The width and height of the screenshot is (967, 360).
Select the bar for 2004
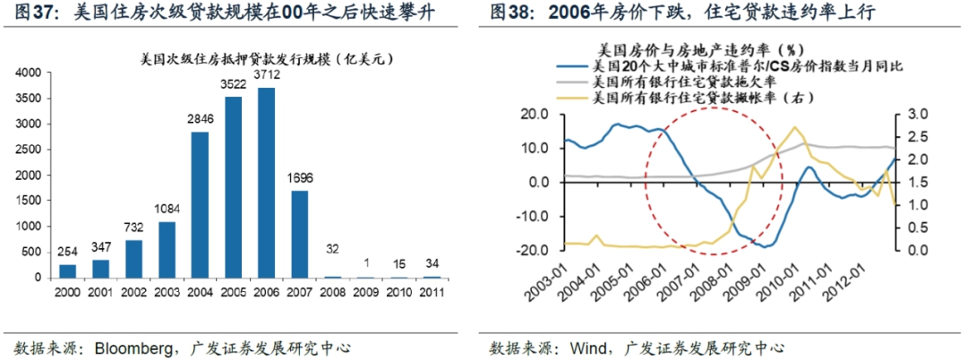click(200, 205)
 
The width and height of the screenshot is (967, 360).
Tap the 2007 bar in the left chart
click(299, 234)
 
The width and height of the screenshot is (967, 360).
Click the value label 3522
click(233, 85)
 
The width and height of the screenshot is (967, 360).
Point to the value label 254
click(67, 253)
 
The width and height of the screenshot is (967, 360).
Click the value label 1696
click(299, 177)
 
